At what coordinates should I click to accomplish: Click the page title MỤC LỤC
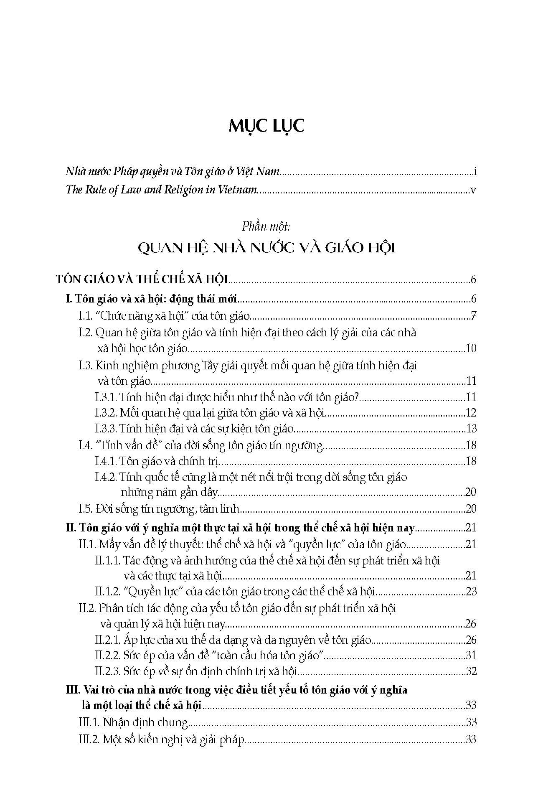click(x=266, y=126)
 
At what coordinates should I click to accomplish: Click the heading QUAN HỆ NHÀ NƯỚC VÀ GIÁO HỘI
click(x=266, y=248)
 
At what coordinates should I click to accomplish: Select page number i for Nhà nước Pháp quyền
click(x=475, y=171)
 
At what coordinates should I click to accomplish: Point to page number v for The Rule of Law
click(x=473, y=190)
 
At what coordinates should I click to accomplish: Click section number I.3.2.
click(x=106, y=413)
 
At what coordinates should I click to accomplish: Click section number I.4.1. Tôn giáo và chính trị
click(x=106, y=461)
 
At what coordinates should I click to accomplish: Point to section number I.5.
click(x=86, y=509)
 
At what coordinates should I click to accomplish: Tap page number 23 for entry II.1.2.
click(x=471, y=592)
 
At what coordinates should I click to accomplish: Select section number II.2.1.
click(x=108, y=640)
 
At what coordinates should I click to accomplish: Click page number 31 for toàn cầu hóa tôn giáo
click(x=471, y=656)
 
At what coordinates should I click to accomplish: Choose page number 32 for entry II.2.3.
click(x=471, y=671)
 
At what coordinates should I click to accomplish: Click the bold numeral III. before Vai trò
click(x=74, y=690)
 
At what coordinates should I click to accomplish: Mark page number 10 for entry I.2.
click(x=471, y=348)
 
